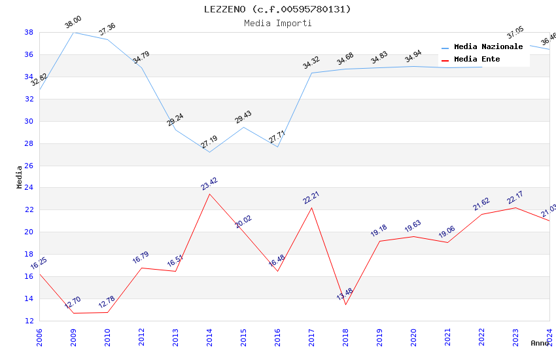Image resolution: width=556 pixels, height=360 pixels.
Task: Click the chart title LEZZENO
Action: (277, 9)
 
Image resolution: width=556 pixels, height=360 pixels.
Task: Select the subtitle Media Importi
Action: (277, 23)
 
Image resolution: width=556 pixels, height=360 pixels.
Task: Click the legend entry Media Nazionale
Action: (488, 46)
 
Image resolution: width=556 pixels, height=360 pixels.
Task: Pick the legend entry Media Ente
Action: (477, 59)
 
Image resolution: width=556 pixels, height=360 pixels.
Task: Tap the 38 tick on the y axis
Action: (29, 32)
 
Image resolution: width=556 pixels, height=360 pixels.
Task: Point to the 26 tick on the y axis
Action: (29, 166)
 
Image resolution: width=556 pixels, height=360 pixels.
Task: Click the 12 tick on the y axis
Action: (29, 321)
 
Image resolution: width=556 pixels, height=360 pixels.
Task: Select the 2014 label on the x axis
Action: (209, 336)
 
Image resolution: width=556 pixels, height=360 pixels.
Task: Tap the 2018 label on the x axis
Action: (345, 336)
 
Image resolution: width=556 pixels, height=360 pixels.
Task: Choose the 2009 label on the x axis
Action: (73, 336)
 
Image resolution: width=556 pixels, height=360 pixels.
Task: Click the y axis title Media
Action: (20, 177)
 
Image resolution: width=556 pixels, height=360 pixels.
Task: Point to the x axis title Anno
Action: (540, 343)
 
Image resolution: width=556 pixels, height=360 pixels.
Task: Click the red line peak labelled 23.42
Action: (209, 194)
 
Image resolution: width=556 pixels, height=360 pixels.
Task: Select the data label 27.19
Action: (209, 142)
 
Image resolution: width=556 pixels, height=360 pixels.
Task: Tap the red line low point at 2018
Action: (345, 304)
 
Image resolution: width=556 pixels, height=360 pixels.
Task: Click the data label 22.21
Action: (311, 198)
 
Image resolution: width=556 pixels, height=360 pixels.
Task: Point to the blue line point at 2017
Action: (311, 73)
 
